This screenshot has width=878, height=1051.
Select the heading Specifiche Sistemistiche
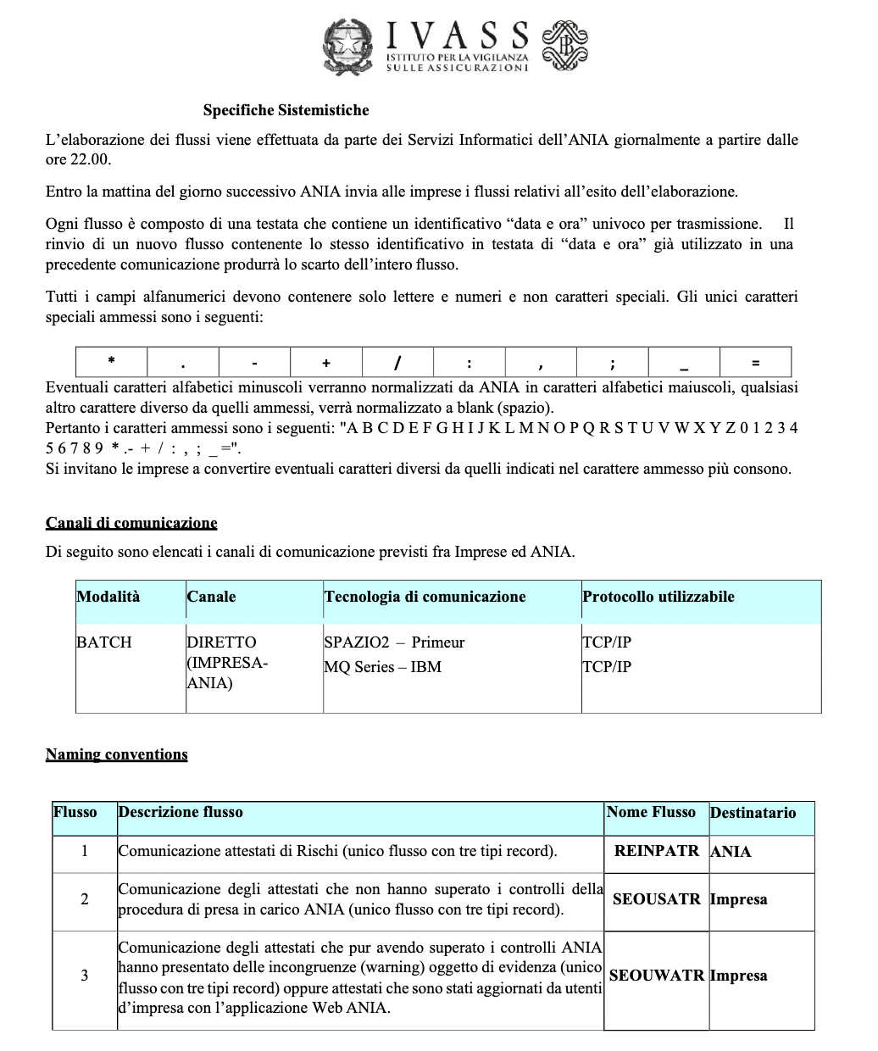[x=286, y=110]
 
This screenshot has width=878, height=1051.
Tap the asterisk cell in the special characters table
[x=111, y=362]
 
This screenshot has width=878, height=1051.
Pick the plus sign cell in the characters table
[x=326, y=363]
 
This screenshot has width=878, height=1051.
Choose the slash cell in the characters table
[x=397, y=363]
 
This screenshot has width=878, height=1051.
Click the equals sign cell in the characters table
[x=755, y=363]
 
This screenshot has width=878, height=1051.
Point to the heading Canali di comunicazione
[x=131, y=522]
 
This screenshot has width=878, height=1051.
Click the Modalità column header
[x=108, y=597]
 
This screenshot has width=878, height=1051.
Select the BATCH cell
[x=104, y=642]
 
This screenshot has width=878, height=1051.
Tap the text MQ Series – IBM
[x=382, y=667]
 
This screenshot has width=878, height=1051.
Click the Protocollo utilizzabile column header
[x=658, y=597]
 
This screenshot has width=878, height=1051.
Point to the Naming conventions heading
[x=117, y=754]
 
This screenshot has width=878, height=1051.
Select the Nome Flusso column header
[x=651, y=812]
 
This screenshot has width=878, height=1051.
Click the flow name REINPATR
[x=656, y=851]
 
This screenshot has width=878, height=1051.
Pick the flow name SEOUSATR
[x=656, y=899]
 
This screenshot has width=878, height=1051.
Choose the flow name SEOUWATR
[x=656, y=976]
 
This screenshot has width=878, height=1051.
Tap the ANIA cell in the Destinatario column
[x=731, y=852]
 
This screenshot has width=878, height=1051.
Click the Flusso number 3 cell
[x=84, y=976]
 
